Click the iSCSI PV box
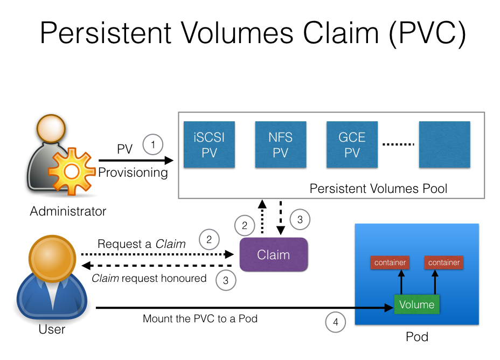[209, 144]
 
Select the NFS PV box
[280, 144]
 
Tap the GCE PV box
[351, 144]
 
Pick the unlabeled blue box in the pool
[445, 144]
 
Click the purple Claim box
[274, 254]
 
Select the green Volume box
[417, 304]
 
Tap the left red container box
[390, 262]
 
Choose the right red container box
[444, 262]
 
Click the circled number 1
[153, 144]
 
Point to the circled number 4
[336, 323]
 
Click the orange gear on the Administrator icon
[71, 172]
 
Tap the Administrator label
[68, 211]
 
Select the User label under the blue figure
[52, 329]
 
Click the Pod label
[417, 337]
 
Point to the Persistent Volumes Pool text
[378, 189]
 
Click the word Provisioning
[133, 172]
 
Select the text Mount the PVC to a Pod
[200, 319]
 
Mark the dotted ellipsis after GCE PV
[398, 144]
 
